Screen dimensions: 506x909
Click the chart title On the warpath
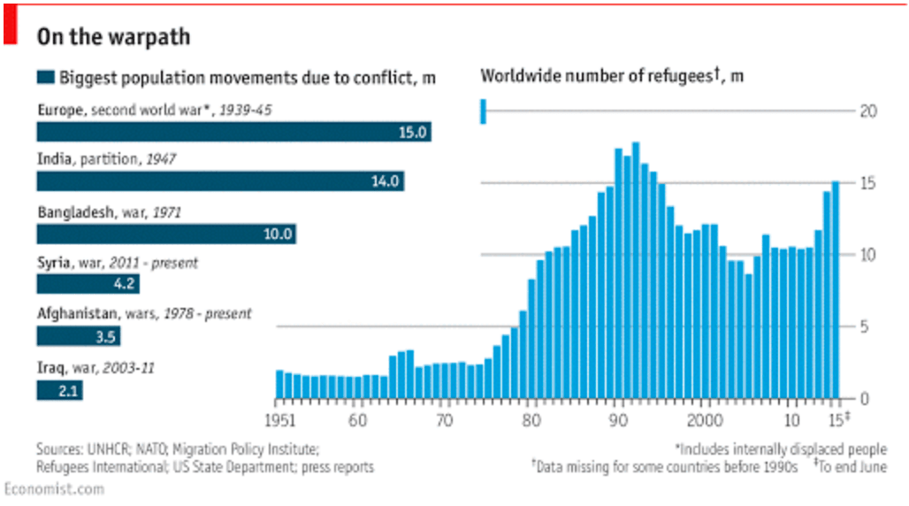pyautogui.click(x=112, y=38)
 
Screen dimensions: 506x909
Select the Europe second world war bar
pyautogui.click(x=233, y=132)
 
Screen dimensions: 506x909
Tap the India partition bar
pyautogui.click(x=220, y=182)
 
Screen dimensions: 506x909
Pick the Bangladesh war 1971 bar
pyautogui.click(x=165, y=234)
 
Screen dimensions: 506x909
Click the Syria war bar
pyautogui.click(x=88, y=284)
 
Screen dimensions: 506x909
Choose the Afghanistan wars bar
pyautogui.click(x=78, y=336)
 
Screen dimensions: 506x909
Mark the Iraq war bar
pyautogui.click(x=59, y=389)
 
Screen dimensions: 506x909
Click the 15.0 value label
pyautogui.click(x=413, y=133)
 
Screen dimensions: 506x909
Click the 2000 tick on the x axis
pyautogui.click(x=705, y=418)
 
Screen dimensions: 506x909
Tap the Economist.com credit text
pyautogui.click(x=53, y=488)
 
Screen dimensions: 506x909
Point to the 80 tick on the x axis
pyautogui.click(x=531, y=418)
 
